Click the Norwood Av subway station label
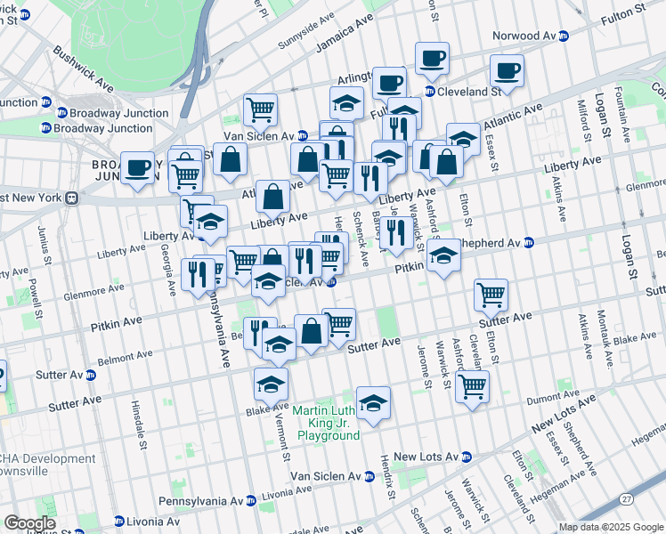coord(524,36)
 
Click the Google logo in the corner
coord(29,523)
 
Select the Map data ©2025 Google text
coord(610,527)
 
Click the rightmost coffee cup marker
coord(508,70)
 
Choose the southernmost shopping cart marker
coord(471,385)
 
